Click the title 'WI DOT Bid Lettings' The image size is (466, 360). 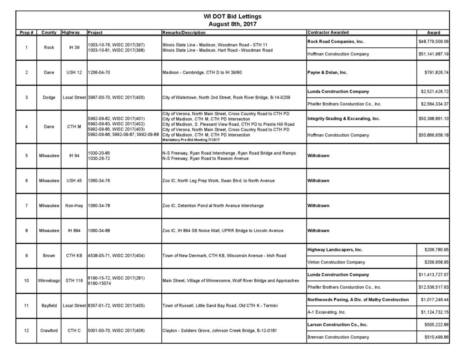coord(233,16)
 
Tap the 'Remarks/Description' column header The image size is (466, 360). coord(183,33)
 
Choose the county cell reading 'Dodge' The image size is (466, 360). coord(49,98)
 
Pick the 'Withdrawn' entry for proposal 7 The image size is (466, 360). coord(318,206)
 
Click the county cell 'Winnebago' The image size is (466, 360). coord(49,281)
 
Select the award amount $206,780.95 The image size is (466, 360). coord(435,250)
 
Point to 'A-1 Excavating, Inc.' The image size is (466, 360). coord(327,312)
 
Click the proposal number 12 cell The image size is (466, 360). coord(27,330)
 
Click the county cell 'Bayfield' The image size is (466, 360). coord(49,306)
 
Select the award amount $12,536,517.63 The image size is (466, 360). coord(433,287)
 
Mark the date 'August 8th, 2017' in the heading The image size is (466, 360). coord(233,24)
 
